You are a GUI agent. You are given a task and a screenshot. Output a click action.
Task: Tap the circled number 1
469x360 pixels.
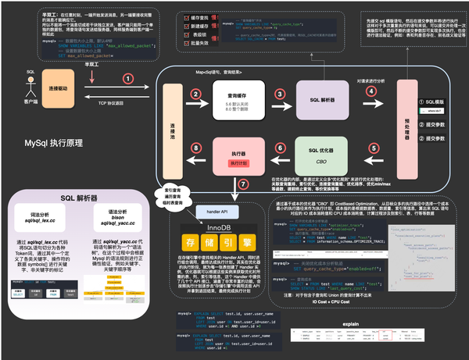click(127, 79)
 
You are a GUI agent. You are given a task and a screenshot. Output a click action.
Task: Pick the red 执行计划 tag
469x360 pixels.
click(229, 163)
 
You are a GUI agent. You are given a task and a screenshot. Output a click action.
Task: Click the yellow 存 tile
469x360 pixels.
click(186, 244)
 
